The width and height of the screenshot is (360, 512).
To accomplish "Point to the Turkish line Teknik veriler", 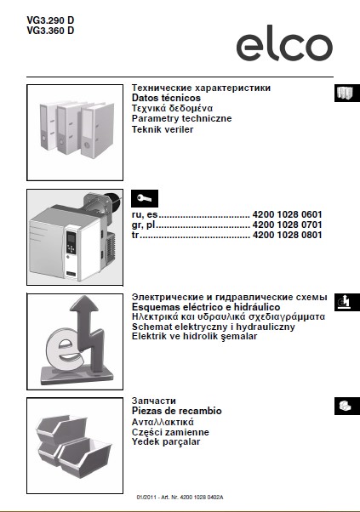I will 163,129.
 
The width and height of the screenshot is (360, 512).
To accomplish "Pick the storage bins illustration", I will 77,441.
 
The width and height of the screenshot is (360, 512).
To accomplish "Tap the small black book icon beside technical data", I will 344,93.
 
